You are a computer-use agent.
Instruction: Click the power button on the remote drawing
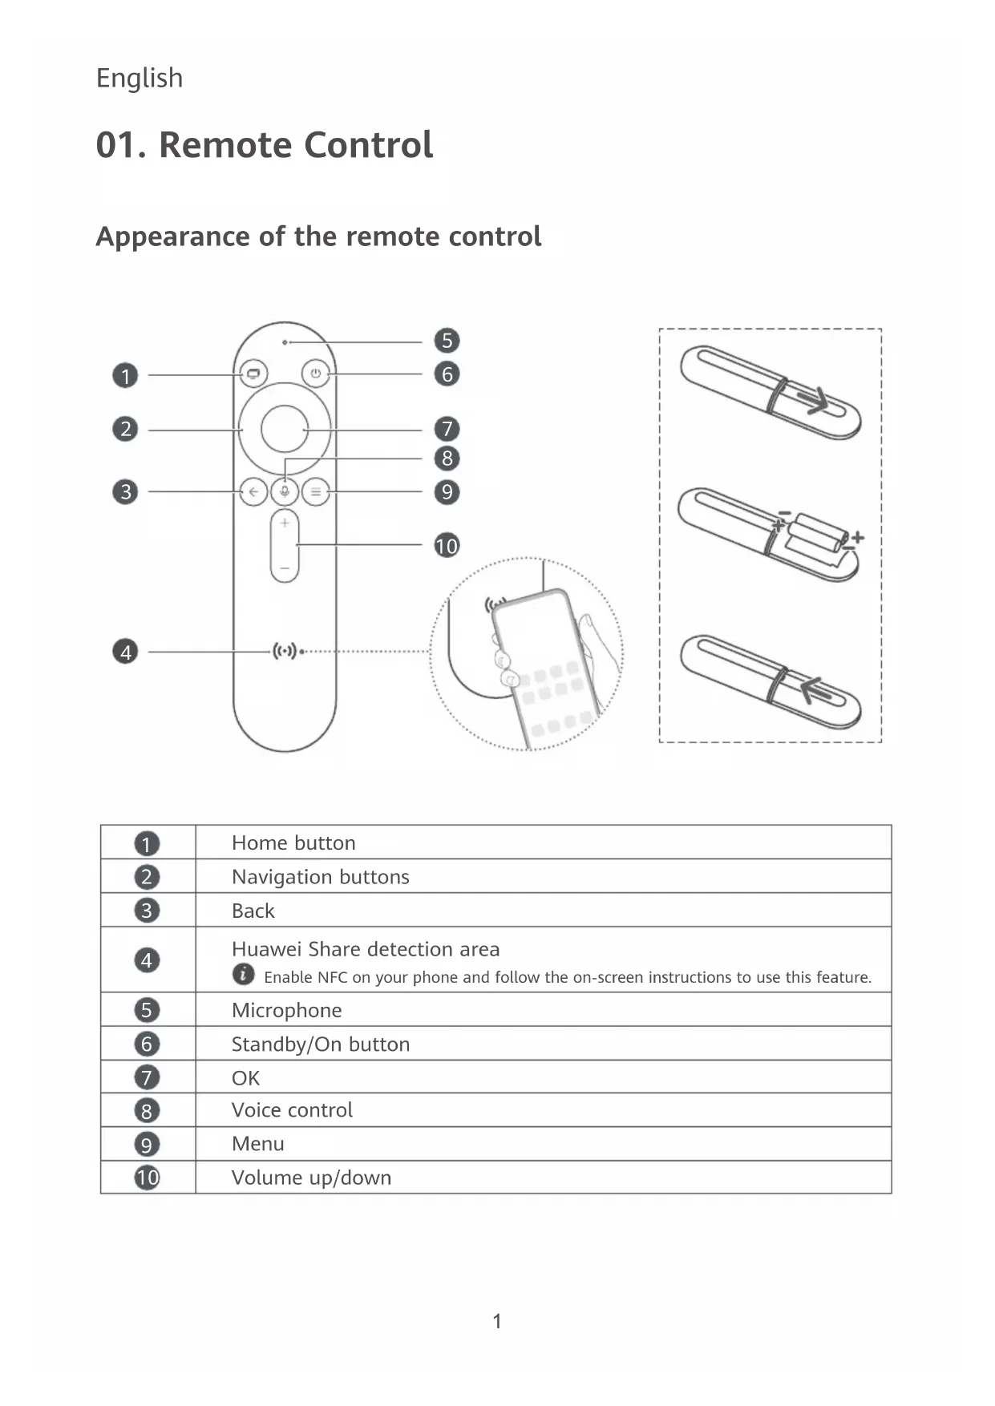coord(316,374)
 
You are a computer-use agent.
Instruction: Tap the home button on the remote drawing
coord(253,374)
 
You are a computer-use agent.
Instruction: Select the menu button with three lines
coord(316,491)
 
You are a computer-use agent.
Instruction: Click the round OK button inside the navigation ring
coord(285,430)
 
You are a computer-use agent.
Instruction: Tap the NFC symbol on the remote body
coord(285,651)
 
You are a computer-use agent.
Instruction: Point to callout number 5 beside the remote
coord(447,341)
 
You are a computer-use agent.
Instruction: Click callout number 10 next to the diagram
coord(447,546)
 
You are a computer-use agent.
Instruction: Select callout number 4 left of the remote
coord(125,652)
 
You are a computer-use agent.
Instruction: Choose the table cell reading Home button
coord(293,842)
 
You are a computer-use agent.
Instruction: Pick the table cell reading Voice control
coord(292,1110)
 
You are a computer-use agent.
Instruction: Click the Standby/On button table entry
coord(320,1044)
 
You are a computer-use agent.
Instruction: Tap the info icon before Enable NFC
coord(243,975)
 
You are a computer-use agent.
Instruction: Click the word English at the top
coord(140,79)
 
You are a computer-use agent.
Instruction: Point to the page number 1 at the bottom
coord(497,1321)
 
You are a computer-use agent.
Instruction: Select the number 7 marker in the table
coord(147,1077)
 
